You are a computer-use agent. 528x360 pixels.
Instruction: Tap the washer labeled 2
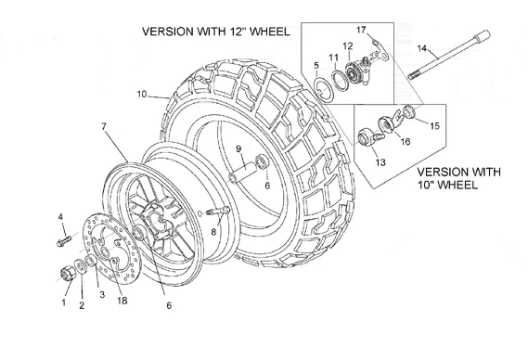pyautogui.click(x=81, y=266)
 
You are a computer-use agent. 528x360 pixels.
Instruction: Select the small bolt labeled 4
pyautogui.click(x=64, y=240)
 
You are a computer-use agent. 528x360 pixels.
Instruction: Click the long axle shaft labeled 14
pyautogui.click(x=449, y=55)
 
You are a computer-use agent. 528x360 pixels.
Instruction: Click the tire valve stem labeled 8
pyautogui.click(x=217, y=212)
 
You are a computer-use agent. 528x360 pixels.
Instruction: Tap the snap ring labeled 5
pyautogui.click(x=324, y=88)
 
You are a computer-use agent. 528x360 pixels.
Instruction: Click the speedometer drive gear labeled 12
pyautogui.click(x=354, y=72)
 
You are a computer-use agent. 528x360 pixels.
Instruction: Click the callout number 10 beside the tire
pyautogui.click(x=142, y=94)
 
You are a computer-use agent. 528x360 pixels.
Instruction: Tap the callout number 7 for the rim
pyautogui.click(x=104, y=126)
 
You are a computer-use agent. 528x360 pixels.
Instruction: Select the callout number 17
pyautogui.click(x=361, y=30)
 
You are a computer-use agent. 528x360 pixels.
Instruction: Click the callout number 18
pyautogui.click(x=122, y=301)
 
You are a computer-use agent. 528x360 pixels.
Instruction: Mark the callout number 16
pyautogui.click(x=406, y=141)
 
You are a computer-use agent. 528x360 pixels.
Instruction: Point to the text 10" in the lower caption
pyautogui.click(x=427, y=185)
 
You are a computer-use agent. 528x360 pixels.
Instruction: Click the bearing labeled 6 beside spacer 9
pyautogui.click(x=263, y=161)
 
